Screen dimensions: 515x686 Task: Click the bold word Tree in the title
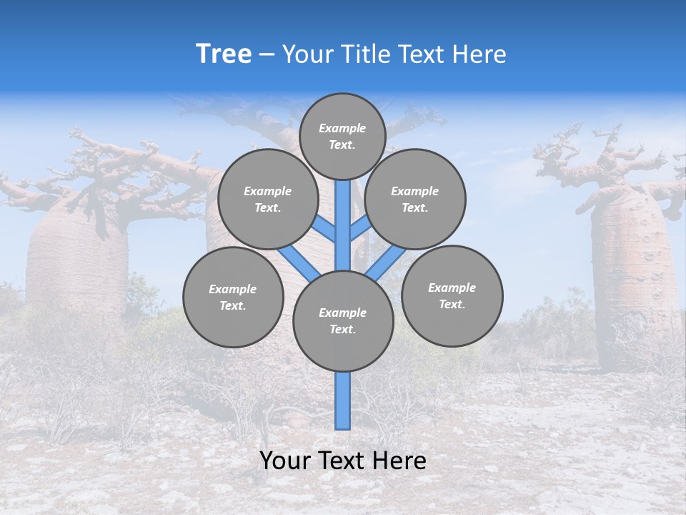[x=224, y=54]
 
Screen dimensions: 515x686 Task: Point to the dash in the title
[x=267, y=55]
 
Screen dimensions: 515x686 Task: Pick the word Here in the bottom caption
[x=399, y=461]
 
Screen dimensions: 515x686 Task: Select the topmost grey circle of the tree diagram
[x=342, y=136]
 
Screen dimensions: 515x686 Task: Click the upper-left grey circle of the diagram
[x=268, y=199]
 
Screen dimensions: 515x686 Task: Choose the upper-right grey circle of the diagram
[x=415, y=199]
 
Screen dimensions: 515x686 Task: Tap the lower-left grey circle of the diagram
[x=233, y=297]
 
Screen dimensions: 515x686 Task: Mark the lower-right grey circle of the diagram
[x=452, y=295]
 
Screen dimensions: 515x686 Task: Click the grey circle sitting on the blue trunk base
[x=343, y=321]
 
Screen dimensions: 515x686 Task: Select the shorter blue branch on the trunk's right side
[x=359, y=229]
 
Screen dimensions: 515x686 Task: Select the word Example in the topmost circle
[x=342, y=128]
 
